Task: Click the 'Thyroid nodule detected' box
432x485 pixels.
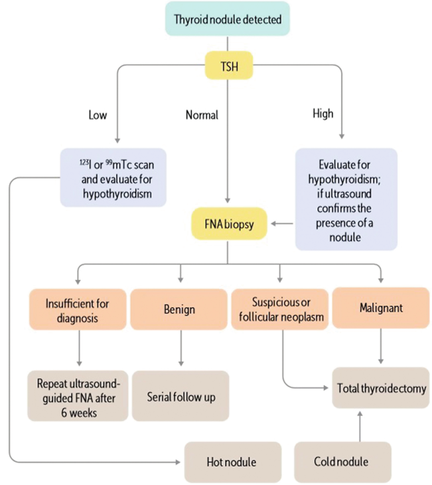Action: click(228, 19)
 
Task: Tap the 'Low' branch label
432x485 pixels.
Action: click(98, 115)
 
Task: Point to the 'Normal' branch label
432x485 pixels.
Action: click(202, 115)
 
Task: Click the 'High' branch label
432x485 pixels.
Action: click(323, 114)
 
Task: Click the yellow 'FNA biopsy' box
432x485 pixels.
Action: click(228, 224)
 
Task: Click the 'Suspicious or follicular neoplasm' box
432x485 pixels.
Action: click(279, 308)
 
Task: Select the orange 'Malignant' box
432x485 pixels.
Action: click(380, 308)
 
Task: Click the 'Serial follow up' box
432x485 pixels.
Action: click(180, 397)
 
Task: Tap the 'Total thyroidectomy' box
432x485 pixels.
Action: click(381, 387)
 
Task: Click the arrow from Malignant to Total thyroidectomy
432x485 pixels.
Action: click(380, 347)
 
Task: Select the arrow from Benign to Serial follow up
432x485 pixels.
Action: click(180, 349)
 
